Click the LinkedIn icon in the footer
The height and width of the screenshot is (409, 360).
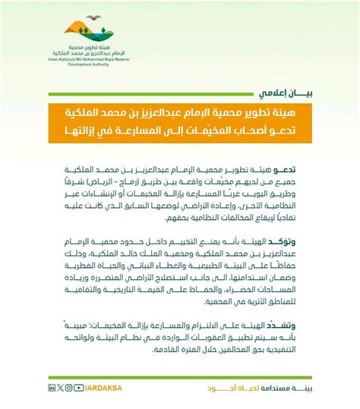tap(52, 388)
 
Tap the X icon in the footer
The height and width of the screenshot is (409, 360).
tap(60, 388)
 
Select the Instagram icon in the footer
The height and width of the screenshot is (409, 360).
tap(69, 388)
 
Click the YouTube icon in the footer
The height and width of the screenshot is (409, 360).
tap(80, 388)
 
